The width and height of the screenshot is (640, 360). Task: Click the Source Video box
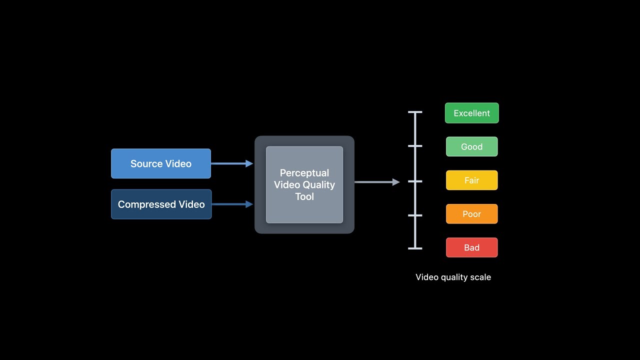(160, 163)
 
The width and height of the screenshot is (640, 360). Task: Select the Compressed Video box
(161, 204)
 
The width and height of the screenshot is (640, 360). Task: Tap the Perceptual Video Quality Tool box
(304, 184)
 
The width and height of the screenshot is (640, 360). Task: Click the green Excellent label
(471, 113)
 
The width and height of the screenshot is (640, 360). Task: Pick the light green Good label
(471, 146)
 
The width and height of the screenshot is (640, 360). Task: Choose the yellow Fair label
(471, 180)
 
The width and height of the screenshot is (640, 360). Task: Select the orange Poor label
(471, 214)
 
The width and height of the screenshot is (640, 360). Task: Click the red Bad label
(471, 247)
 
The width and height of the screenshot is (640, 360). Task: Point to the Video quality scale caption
(453, 277)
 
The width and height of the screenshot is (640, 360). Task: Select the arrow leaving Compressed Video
(232, 204)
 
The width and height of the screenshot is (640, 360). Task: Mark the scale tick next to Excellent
(415, 112)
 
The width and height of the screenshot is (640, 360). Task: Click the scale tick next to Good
(415, 146)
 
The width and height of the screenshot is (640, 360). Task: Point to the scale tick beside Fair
(415, 181)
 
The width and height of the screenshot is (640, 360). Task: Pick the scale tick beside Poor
(415, 215)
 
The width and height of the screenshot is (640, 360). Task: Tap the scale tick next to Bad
(415, 248)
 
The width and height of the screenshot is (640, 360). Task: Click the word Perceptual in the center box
(304, 173)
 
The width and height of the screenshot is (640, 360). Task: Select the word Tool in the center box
(304, 196)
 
